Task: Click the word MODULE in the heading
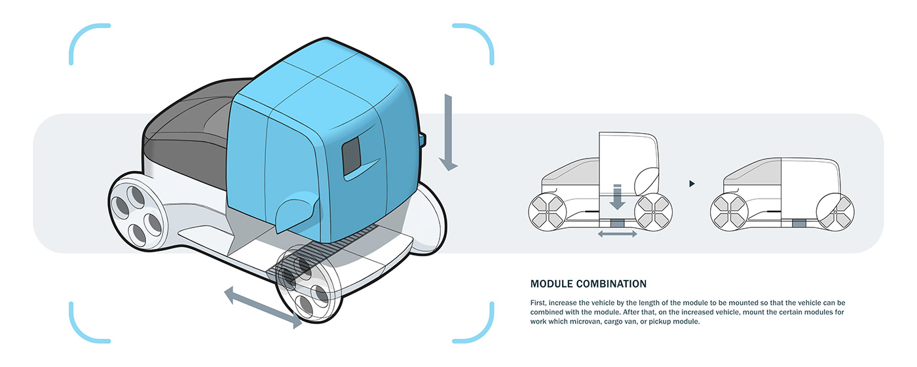tap(552, 284)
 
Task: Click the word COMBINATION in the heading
tap(611, 284)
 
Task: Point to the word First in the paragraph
tap(538, 303)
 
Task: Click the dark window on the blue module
tap(351, 156)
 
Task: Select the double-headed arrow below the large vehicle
tap(263, 307)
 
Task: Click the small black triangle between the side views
tap(692, 183)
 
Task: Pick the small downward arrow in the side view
tap(617, 197)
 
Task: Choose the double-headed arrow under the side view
tap(617, 234)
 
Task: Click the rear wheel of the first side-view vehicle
tap(654, 212)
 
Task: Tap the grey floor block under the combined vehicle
tap(799, 223)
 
